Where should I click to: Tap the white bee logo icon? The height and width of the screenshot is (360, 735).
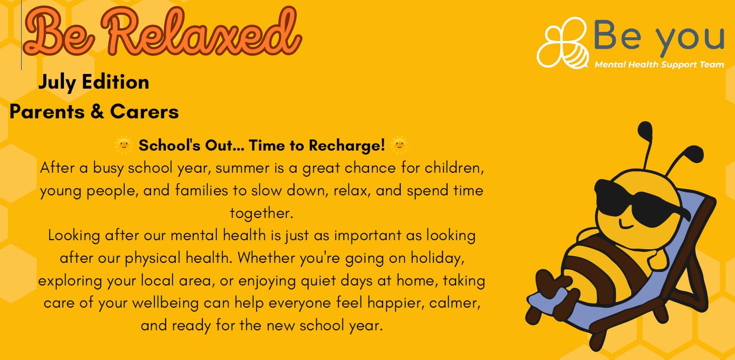coord(562,43)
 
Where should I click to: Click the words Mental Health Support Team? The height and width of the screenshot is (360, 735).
coord(659,64)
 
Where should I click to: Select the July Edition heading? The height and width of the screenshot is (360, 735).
coord(94,82)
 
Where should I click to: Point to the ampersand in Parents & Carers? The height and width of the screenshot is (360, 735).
coord(97,111)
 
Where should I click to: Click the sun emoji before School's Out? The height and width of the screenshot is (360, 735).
coord(124,145)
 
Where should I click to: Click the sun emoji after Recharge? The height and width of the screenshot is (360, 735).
coord(399,145)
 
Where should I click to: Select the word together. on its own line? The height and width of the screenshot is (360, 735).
coord(261,213)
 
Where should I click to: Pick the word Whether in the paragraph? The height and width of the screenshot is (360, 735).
coord(266,258)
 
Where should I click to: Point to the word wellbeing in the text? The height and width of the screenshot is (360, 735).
coord(165,303)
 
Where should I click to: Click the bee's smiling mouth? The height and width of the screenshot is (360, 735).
coord(625,225)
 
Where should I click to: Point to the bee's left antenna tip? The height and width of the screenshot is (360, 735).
coord(645,128)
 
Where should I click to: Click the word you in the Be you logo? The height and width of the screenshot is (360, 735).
coord(690,38)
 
